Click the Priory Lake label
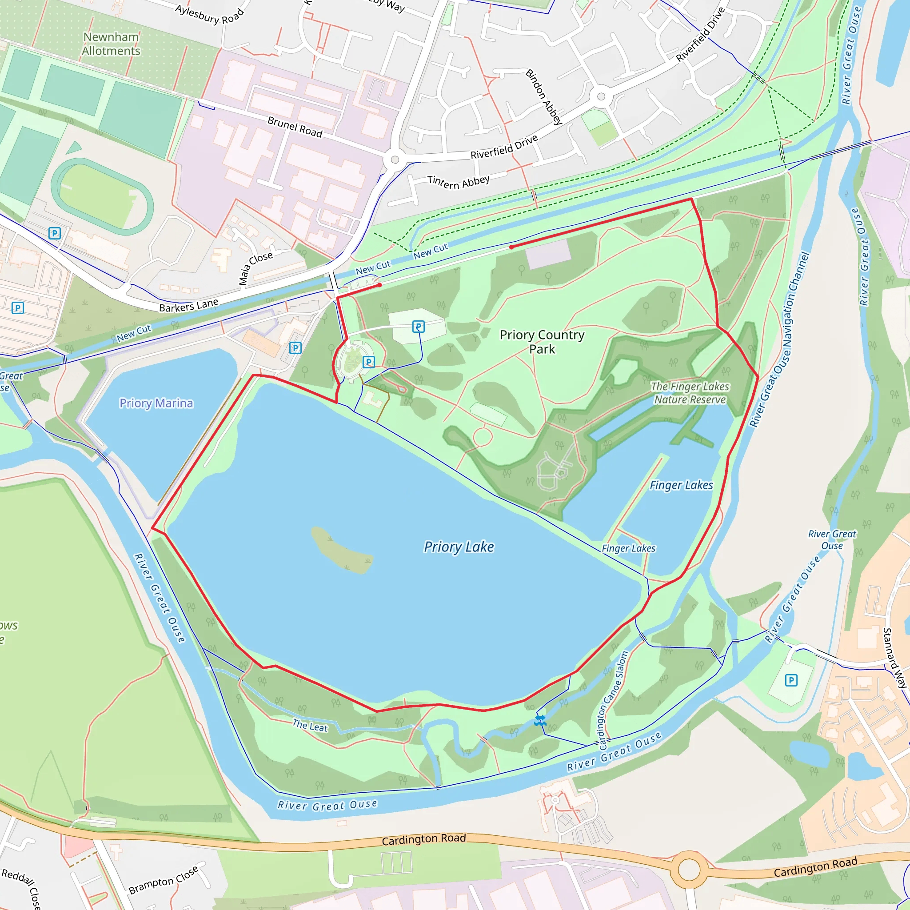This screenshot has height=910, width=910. tap(459, 547)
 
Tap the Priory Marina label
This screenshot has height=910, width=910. tap(156, 403)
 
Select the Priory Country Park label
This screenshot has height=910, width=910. tap(542, 342)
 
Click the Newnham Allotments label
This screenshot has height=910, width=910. tap(111, 44)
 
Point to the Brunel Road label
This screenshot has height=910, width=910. tap(295, 127)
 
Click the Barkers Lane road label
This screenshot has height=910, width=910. tap(188, 305)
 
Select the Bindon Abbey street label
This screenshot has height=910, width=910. tap(544, 96)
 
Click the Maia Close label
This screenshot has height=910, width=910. tap(255, 268)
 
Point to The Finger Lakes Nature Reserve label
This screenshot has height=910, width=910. tap(690, 393)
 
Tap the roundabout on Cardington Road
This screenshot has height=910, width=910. tap(689, 870)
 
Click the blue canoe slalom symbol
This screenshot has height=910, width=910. tap(540, 720)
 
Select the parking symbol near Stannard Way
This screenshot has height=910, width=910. tap(791, 680)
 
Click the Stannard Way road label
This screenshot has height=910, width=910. tap(894, 658)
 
